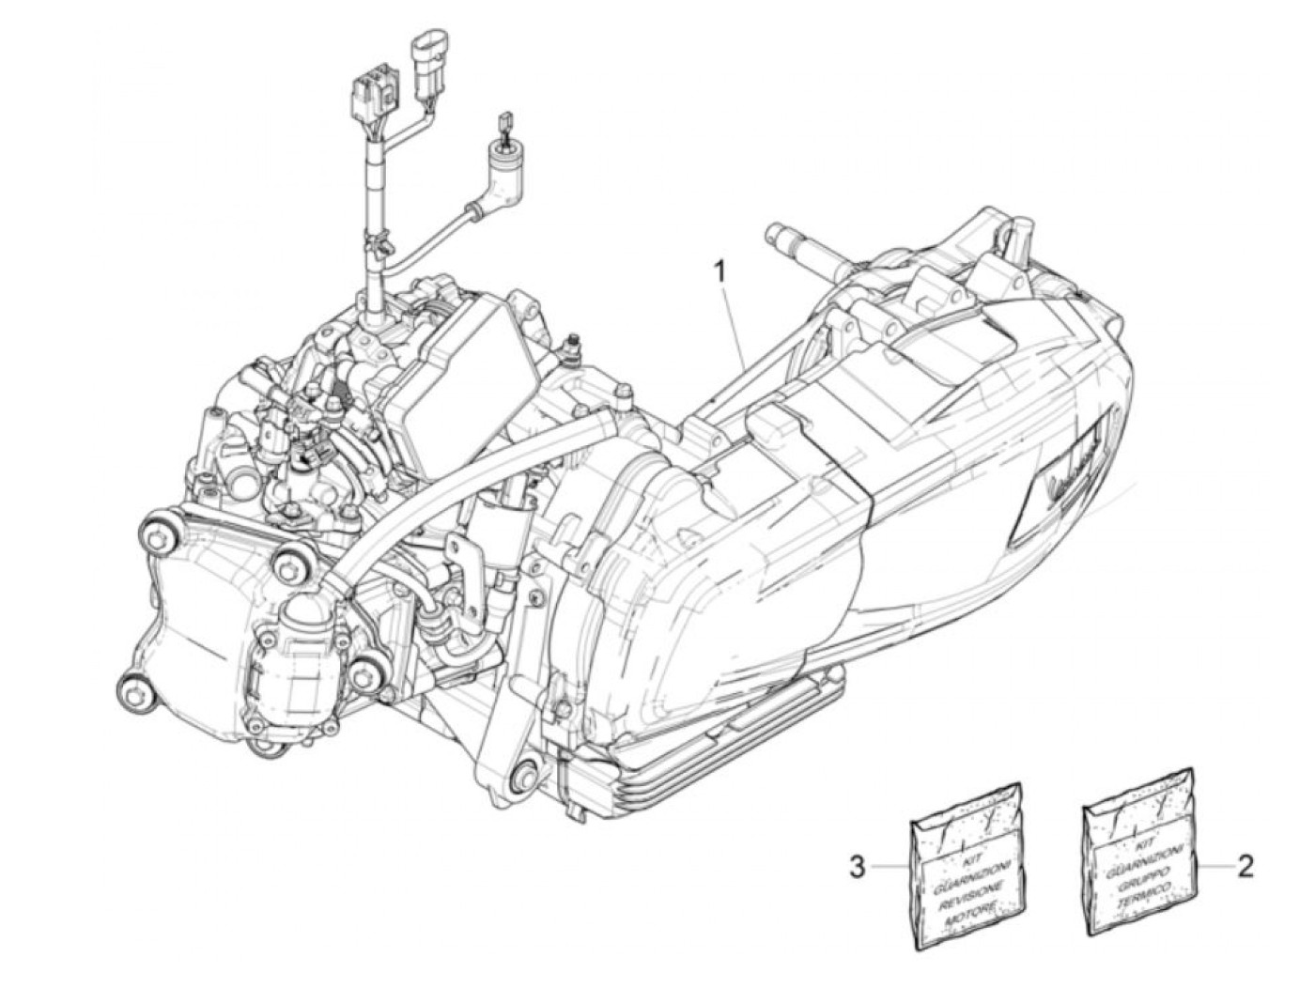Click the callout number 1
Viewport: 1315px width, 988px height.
(x=720, y=272)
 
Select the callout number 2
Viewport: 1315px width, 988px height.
(x=1245, y=865)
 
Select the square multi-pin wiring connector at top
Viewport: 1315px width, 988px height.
(x=367, y=92)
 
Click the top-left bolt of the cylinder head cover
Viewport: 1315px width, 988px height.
(x=154, y=533)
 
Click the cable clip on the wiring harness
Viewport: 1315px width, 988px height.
(x=379, y=249)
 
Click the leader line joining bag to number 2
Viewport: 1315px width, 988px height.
(x=1216, y=866)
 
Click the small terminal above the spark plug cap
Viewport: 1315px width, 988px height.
(x=505, y=118)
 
